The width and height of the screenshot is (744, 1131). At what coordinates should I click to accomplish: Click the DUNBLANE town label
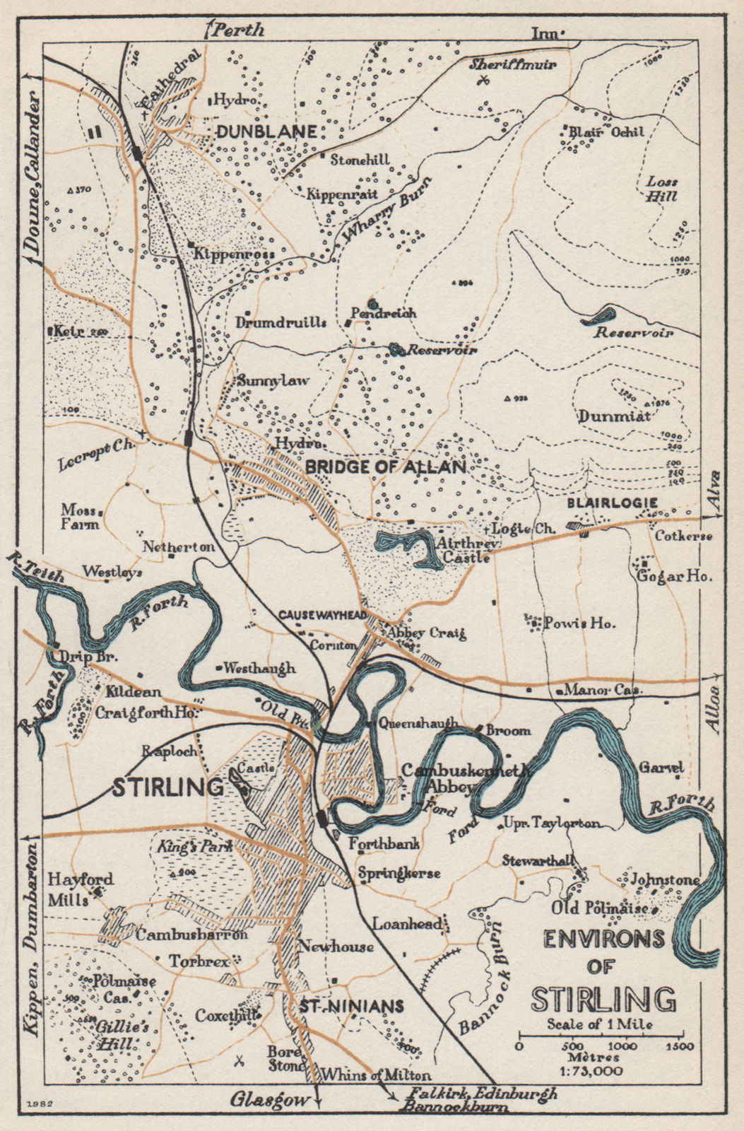pos(266,131)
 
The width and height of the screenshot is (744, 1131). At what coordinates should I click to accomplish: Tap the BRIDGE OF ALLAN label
pos(386,467)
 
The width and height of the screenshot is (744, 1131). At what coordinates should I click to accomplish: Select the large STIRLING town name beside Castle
pos(167,787)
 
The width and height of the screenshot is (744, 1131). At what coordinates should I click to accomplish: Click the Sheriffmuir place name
pos(514,64)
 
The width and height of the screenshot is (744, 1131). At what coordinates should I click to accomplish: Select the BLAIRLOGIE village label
pos(613,503)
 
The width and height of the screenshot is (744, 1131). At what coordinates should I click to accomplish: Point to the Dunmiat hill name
pos(614,416)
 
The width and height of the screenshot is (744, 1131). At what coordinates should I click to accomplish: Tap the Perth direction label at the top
pos(240,30)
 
